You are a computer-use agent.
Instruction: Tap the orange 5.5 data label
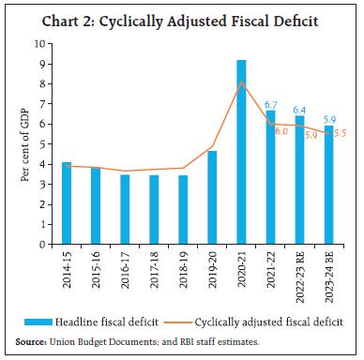341,133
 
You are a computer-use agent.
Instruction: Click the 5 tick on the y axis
43,143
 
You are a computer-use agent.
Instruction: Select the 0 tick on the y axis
43,244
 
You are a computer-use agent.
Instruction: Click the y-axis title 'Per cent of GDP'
21,143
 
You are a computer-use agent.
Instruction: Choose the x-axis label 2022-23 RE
300,276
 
